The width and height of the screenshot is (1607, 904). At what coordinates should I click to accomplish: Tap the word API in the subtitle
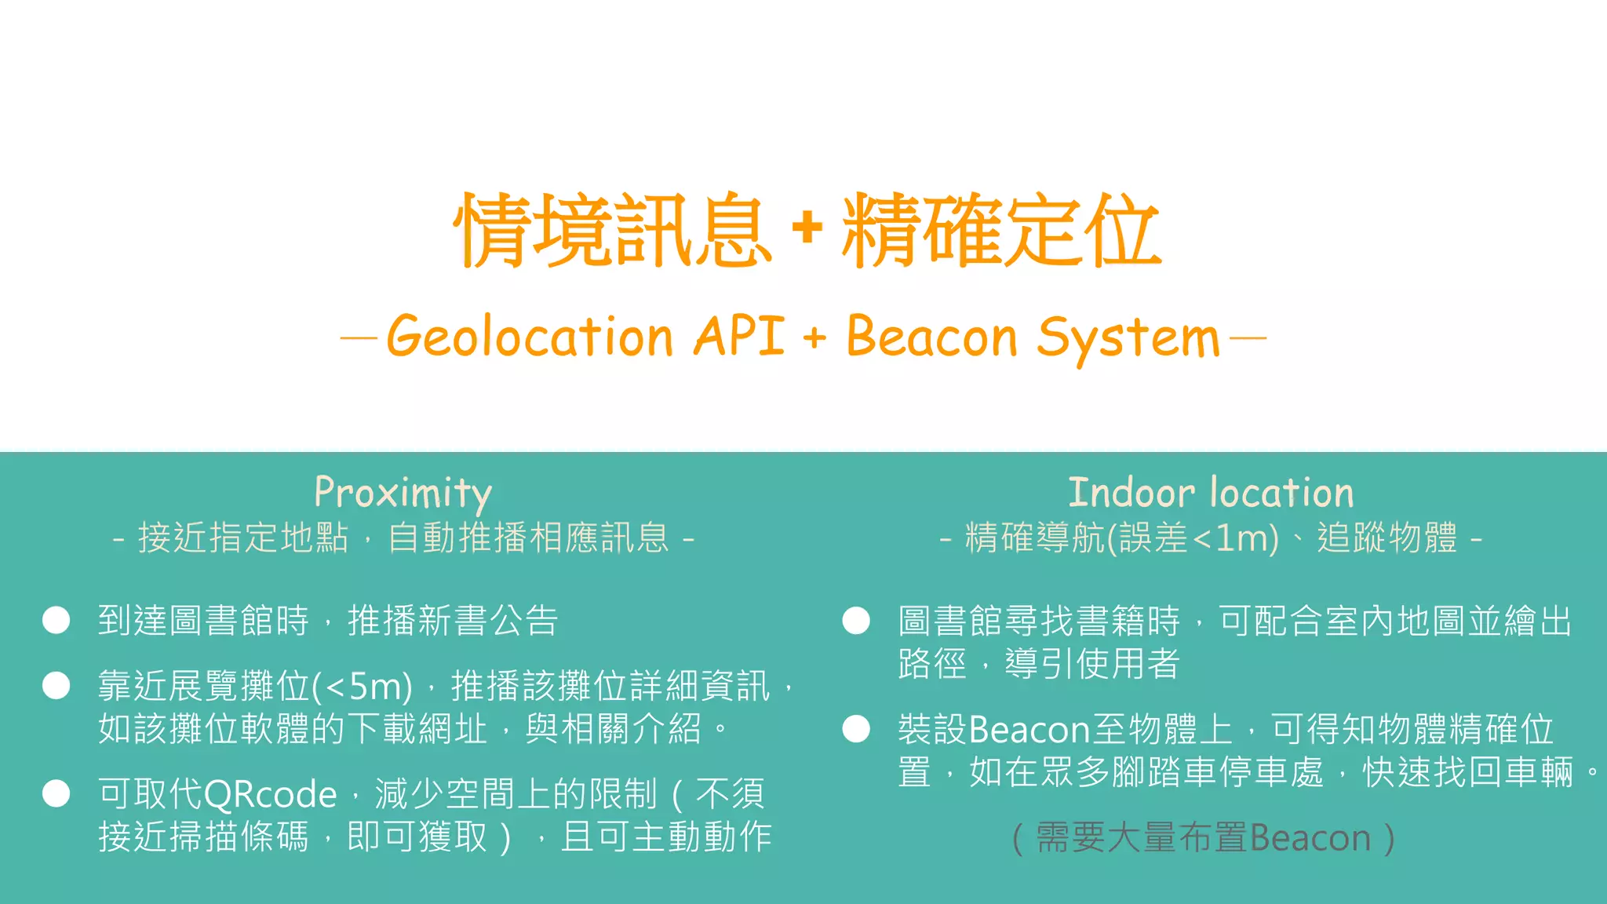tap(738, 336)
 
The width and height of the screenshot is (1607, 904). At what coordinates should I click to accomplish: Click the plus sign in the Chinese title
tap(807, 228)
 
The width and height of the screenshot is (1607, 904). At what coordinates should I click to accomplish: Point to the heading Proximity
tap(403, 493)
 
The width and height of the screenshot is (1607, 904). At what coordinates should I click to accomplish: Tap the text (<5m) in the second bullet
tap(362, 687)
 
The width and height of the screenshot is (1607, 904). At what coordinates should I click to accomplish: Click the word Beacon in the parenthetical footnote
tap(1309, 838)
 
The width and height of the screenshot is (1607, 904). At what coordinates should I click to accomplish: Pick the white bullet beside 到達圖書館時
tap(56, 620)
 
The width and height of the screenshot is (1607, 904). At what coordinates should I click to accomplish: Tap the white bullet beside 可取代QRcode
tap(56, 793)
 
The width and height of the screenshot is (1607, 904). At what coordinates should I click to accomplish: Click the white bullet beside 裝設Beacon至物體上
tap(856, 729)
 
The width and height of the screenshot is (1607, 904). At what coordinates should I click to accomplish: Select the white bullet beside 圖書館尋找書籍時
tap(856, 621)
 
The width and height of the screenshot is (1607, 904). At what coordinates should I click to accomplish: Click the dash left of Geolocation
tap(359, 339)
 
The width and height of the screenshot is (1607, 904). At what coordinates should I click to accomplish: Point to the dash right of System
tap(1248, 339)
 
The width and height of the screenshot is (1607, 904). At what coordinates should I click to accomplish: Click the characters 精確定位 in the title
tap(1000, 230)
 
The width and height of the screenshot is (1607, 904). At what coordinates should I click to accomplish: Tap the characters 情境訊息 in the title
tap(612, 230)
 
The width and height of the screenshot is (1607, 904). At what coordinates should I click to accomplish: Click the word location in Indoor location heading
tap(1282, 493)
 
